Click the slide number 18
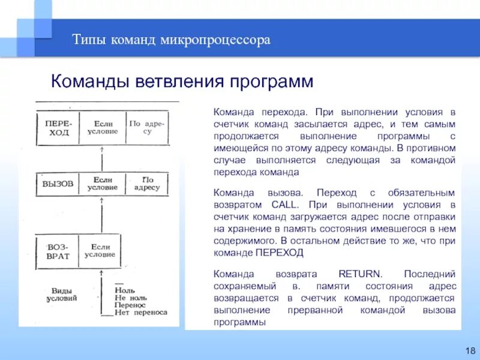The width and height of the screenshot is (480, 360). (x=470, y=350)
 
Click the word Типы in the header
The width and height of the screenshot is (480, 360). (x=88, y=40)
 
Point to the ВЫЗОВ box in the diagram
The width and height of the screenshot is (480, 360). (x=58, y=184)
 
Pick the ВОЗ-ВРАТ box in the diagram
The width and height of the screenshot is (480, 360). (x=58, y=251)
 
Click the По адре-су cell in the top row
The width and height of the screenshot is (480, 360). (x=147, y=127)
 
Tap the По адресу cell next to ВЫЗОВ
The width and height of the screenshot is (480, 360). (x=147, y=184)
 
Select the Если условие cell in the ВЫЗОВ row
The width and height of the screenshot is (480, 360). (x=103, y=184)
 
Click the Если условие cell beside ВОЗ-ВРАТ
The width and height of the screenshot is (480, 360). (x=100, y=250)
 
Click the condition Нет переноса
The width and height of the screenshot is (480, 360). (x=140, y=312)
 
